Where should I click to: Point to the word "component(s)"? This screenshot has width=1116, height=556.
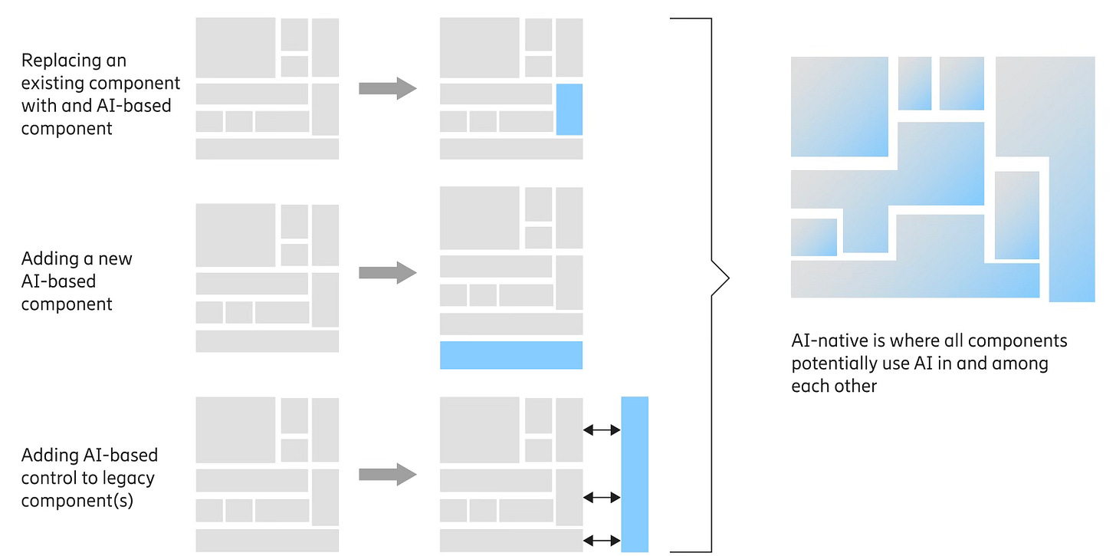[77, 502]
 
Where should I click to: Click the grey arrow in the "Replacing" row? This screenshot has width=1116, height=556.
[387, 88]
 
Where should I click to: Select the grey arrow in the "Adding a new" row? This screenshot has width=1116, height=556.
[387, 272]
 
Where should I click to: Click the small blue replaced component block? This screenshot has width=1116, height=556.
[569, 110]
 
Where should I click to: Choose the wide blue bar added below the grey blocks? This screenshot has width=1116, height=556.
[511, 355]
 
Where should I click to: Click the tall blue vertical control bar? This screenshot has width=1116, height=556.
[635, 474]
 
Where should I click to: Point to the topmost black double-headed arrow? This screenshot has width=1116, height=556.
[602, 431]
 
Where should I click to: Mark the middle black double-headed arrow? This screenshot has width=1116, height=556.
[602, 498]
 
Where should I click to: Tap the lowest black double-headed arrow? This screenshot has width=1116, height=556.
[602, 541]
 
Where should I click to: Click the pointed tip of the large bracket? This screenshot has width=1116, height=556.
[727, 278]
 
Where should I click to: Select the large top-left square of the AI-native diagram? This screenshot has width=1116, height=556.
[839, 107]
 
